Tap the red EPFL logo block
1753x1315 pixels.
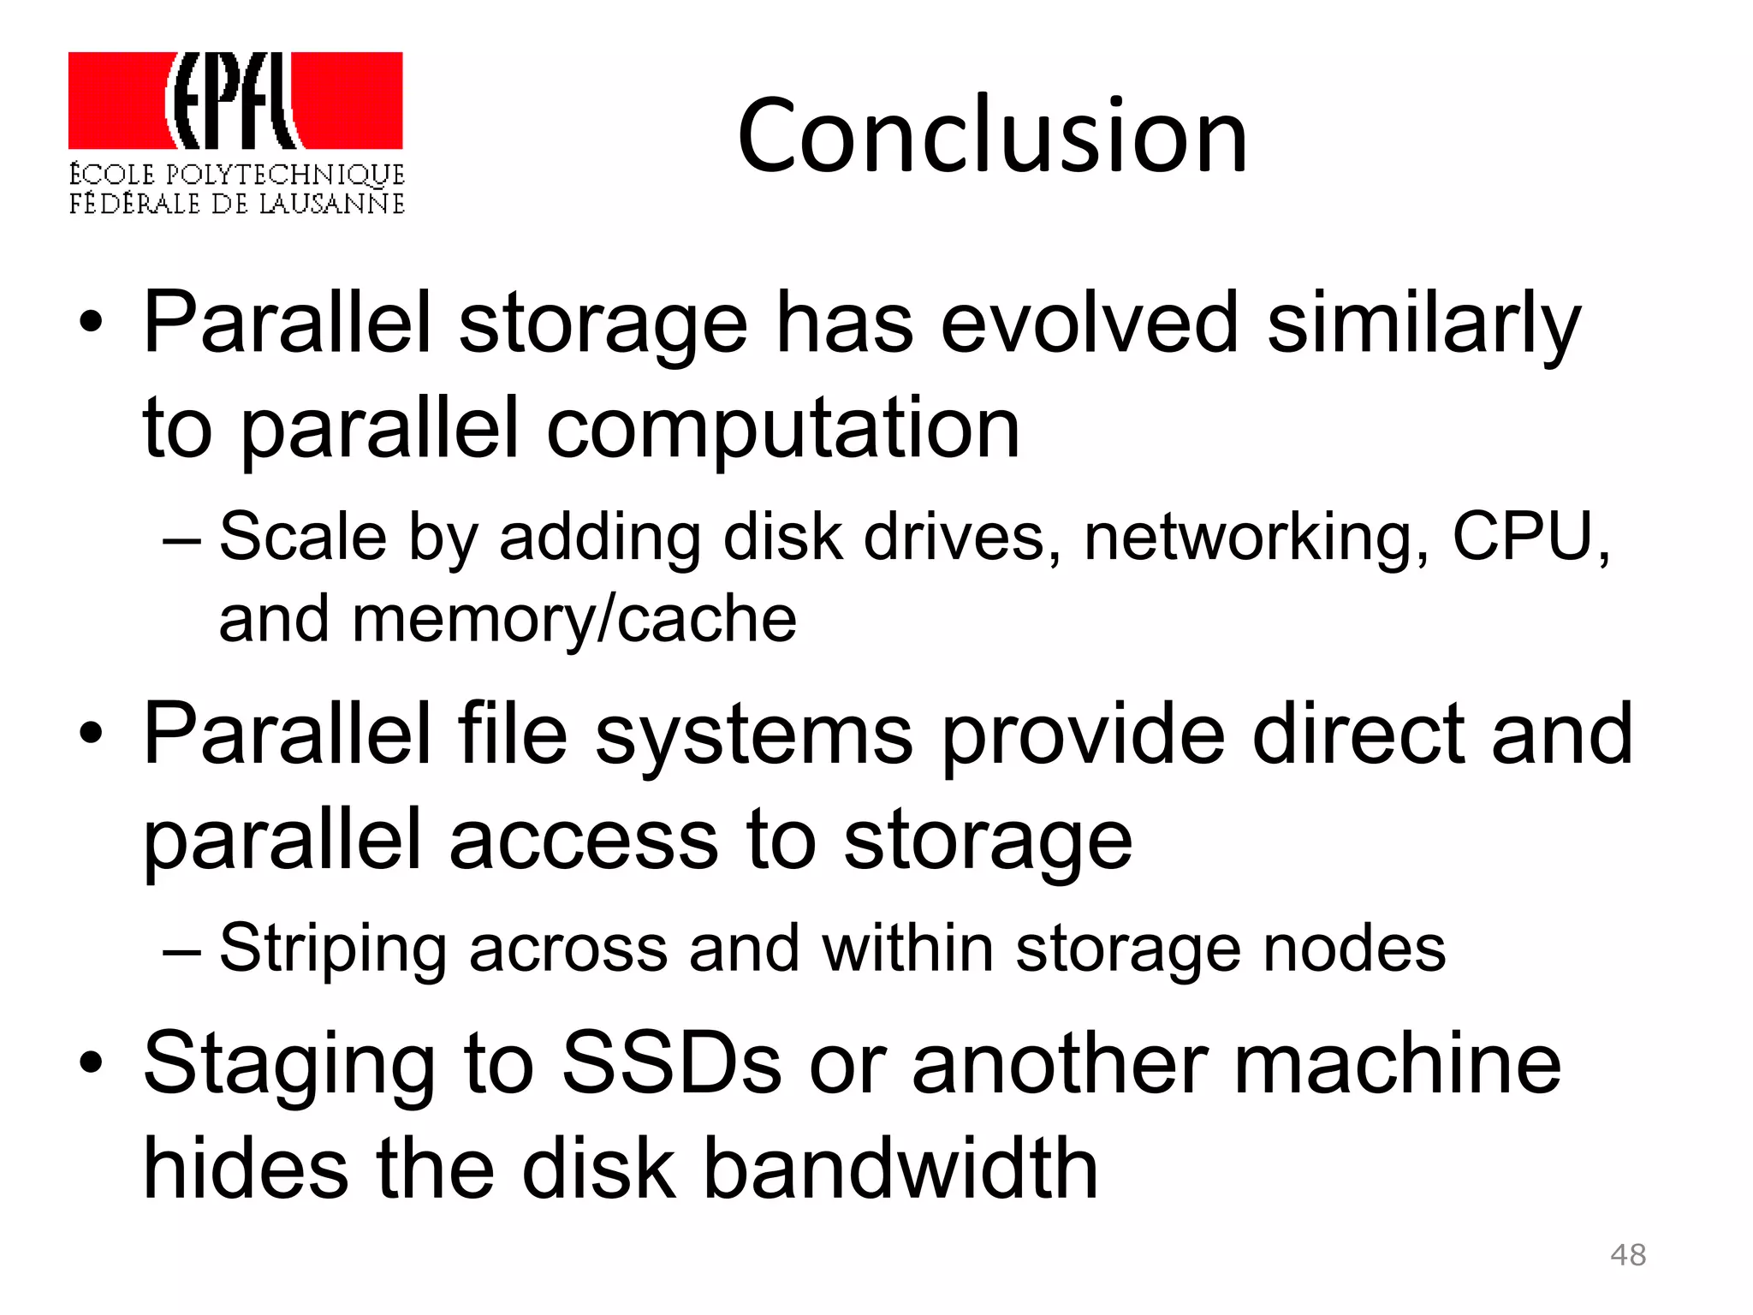coord(235,100)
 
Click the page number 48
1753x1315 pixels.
coord(1627,1255)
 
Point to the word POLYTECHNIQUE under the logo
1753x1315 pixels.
coord(285,175)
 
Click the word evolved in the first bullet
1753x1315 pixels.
coord(1089,323)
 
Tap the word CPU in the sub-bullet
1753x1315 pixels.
coord(1523,537)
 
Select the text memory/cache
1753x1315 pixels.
coord(573,619)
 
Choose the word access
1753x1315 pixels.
coord(583,841)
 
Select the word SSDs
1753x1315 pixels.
coord(671,1063)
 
